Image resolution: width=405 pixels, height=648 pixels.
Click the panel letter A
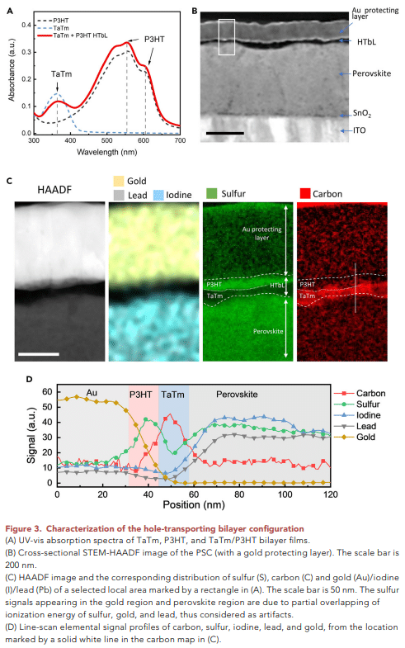pos(11,11)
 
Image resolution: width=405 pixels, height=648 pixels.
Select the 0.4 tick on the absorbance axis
pos(26,25)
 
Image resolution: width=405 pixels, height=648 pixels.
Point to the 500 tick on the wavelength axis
pos(107,140)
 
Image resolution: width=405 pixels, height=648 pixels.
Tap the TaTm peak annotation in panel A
pos(62,74)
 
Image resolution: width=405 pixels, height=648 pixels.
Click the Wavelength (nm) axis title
pos(107,152)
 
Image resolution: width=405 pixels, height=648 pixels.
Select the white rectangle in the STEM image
pos(227,37)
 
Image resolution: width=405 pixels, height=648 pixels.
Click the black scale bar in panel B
pos(225,133)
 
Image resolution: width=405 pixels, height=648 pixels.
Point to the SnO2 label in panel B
pos(362,114)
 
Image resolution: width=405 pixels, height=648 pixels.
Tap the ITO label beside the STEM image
pos(359,130)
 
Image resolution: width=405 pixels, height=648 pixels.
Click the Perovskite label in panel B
pos(371,73)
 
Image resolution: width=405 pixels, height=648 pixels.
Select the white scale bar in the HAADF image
pos(39,354)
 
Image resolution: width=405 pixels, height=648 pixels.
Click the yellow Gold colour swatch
pos(119,181)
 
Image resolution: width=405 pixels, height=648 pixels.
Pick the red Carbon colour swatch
pos(305,193)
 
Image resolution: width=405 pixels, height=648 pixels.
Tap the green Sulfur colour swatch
pos(211,193)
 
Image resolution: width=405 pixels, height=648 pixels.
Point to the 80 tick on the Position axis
pos(239,494)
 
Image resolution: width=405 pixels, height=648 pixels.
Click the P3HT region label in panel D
pos(141,395)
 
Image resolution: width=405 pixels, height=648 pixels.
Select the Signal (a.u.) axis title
pos(31,436)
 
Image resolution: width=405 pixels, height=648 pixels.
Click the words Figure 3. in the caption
pos(24,529)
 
